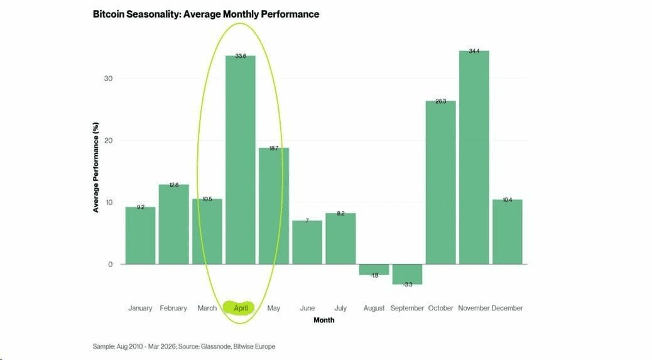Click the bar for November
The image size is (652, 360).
474,157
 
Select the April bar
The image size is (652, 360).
241,160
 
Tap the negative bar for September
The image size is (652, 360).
407,275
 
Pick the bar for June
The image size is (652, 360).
307,242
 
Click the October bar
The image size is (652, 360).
440,182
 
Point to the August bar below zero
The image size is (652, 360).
374,270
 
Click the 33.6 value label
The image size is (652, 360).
241,57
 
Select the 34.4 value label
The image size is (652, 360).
474,52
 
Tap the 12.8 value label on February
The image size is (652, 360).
174,185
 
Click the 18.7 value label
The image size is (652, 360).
274,149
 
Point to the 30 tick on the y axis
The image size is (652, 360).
108,79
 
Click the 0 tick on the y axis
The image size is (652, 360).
110,265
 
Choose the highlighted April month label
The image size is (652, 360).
241,308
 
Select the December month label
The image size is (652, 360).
507,308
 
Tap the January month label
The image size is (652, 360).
140,308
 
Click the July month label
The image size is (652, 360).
340,308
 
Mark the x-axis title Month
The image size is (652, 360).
323,320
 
